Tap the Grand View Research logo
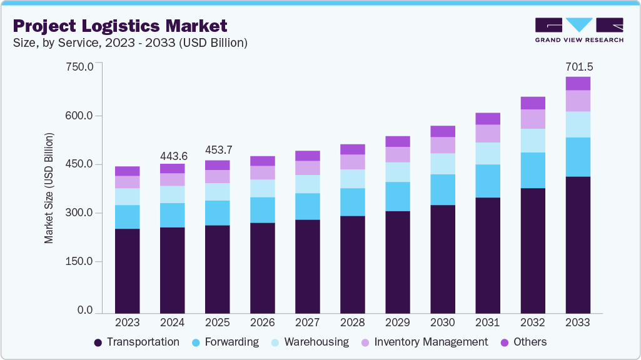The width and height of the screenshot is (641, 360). pyautogui.click(x=578, y=29)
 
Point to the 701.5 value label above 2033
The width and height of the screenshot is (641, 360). pyautogui.click(x=578, y=66)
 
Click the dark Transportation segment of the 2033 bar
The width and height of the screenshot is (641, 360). pyautogui.click(x=578, y=244)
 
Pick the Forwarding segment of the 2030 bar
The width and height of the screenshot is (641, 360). pyautogui.click(x=443, y=189)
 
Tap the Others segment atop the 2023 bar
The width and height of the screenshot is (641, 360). pyautogui.click(x=128, y=171)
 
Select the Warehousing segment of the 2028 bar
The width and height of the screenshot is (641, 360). pyautogui.click(x=353, y=179)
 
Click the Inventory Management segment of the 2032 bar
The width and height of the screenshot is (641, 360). pyautogui.click(x=533, y=119)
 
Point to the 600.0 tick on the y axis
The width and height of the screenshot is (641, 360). pyautogui.click(x=79, y=116)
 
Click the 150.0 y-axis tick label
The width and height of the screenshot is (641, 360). pyautogui.click(x=79, y=261)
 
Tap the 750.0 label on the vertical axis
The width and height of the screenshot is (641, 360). pyautogui.click(x=79, y=66)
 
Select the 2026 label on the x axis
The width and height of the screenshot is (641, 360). pyautogui.click(x=263, y=322)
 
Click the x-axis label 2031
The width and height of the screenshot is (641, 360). pyautogui.click(x=488, y=322)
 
